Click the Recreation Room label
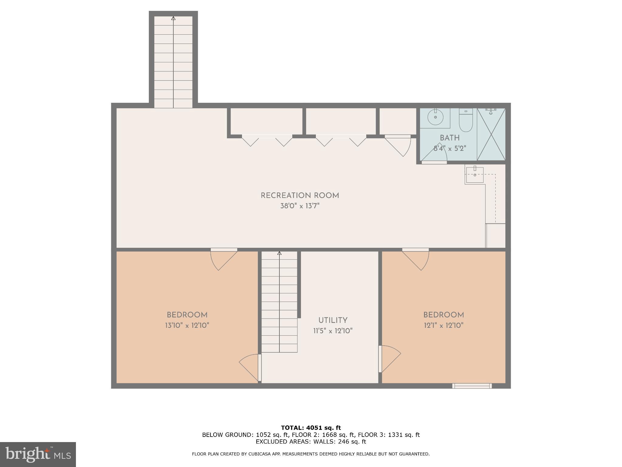coord(300,195)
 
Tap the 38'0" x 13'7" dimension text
coord(300,206)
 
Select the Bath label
coord(449,138)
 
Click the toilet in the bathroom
coord(466,121)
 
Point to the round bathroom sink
coord(435,117)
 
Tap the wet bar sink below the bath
coord(474,175)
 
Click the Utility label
coord(333,320)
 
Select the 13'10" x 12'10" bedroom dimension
coord(187,326)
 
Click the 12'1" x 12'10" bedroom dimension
coord(443,326)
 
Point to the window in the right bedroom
coord(472,386)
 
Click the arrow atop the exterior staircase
coord(173,18)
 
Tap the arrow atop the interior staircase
coord(279,253)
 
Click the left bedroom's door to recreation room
coord(224,258)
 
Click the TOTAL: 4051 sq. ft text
coord(311,428)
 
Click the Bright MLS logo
coord(38,454)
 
